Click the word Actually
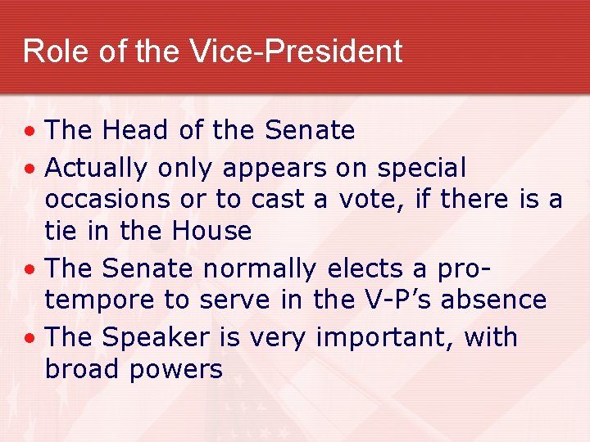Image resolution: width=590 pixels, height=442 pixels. (96, 168)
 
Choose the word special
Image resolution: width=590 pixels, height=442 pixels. (421, 169)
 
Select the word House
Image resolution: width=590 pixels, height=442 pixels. (211, 232)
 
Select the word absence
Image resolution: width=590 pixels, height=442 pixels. (494, 300)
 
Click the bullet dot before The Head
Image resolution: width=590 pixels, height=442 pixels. (29, 131)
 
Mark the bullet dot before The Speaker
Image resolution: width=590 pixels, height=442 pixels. (29, 338)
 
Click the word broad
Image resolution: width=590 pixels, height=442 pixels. (80, 368)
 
